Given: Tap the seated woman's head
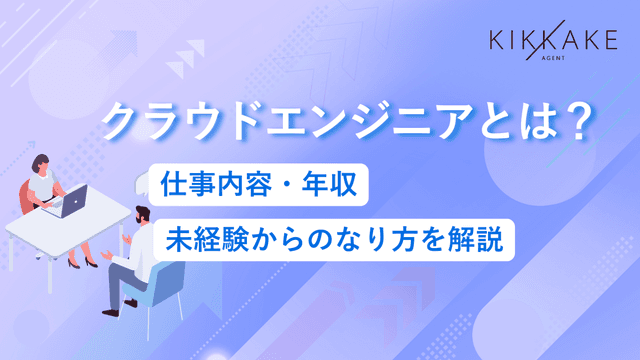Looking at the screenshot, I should click(x=42, y=162).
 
